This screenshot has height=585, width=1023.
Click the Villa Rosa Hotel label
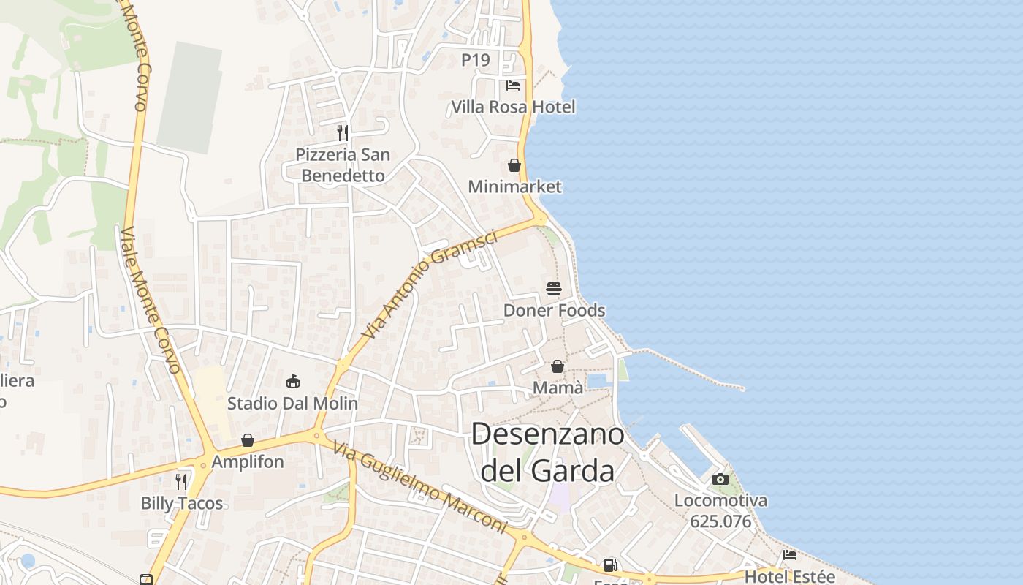click(513, 107)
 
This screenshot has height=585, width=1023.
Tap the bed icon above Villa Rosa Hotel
click(513, 86)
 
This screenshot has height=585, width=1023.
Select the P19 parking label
click(476, 60)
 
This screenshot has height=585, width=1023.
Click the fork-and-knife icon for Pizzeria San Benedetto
click(342, 132)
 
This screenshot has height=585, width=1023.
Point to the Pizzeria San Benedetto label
click(343, 165)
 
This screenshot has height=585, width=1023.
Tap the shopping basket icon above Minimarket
click(514, 165)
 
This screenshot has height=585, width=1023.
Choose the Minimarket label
click(514, 186)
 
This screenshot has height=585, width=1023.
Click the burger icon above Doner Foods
click(554, 289)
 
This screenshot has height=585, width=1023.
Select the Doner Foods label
click(554, 310)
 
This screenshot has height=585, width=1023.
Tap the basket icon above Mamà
click(558, 366)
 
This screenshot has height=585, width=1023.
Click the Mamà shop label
click(558, 388)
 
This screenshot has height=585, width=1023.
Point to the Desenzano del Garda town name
click(548, 453)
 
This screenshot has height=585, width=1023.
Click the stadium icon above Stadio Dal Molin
click(293, 381)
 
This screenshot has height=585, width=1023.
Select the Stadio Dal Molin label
click(292, 403)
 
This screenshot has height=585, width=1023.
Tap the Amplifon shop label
click(247, 462)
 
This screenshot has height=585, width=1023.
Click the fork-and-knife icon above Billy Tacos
click(181, 481)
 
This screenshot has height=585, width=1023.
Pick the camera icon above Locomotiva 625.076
click(720, 480)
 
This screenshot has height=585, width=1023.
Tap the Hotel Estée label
click(789, 576)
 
